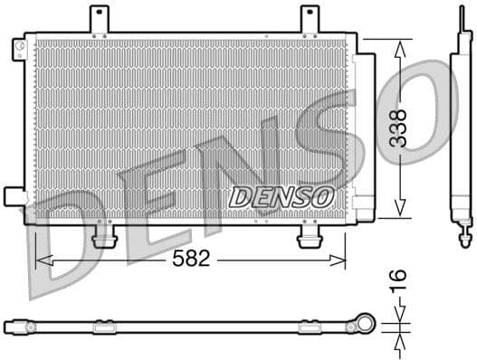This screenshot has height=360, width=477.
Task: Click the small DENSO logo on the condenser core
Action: tap(281, 194)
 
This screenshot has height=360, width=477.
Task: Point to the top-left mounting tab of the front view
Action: tap(99, 19)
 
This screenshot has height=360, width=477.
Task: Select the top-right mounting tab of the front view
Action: tap(310, 19)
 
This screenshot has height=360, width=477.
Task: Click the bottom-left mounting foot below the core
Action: tap(105, 236)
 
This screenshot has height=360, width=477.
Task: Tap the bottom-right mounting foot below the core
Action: tap(310, 236)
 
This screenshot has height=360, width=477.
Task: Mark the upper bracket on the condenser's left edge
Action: tap(18, 50)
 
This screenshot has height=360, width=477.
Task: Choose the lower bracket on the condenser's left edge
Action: tap(14, 196)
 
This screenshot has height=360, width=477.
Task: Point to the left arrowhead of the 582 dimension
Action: tap(38, 260)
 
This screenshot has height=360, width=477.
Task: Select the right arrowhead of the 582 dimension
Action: tap(341, 260)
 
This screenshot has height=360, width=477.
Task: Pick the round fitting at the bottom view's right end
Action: tap(365, 323)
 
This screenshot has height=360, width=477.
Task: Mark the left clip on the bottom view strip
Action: tap(104, 326)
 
